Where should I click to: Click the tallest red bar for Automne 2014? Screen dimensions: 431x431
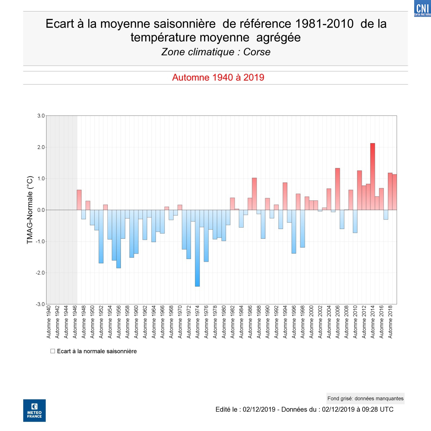click(x=372, y=176)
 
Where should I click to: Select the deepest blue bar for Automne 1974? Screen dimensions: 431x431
click(x=197, y=248)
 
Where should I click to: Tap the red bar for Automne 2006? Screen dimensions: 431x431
click(x=337, y=189)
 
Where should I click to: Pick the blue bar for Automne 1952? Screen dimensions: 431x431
click(x=101, y=236)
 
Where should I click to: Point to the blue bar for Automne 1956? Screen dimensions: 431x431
click(x=119, y=239)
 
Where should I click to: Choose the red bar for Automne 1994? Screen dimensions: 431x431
click(x=285, y=196)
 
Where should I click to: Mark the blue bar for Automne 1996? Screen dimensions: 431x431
click(x=294, y=232)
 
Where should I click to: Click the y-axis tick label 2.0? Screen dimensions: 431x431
click(x=41, y=147)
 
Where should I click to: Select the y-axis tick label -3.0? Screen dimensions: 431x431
click(x=40, y=304)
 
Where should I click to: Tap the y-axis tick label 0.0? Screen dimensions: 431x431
click(x=41, y=210)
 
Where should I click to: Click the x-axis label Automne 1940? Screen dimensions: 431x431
click(x=49, y=322)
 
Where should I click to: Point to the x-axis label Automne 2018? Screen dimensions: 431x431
click(x=390, y=322)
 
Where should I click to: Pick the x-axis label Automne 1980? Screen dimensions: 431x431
click(x=224, y=322)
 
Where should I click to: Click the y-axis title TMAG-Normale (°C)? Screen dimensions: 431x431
click(x=30, y=210)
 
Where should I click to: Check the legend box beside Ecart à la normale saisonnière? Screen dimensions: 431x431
click(x=53, y=351)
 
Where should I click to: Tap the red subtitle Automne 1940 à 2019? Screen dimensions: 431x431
click(x=218, y=77)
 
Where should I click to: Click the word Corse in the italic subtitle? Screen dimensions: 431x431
click(x=257, y=52)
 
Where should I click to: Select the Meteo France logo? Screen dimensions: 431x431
click(x=34, y=410)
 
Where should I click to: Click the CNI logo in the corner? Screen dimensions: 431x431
click(x=422, y=8)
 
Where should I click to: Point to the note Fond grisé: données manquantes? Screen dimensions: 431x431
click(x=365, y=399)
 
